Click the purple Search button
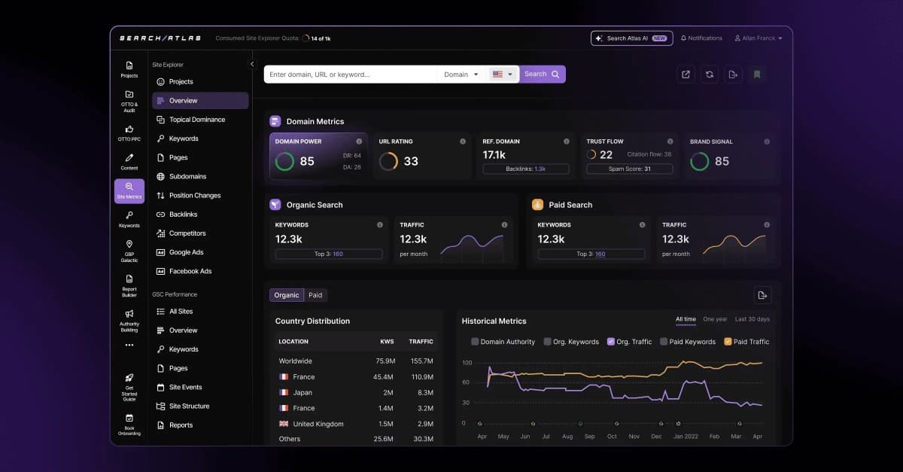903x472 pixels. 542,75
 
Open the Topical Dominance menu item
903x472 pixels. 196,120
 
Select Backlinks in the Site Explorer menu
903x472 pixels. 183,215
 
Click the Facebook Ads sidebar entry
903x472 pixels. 190,271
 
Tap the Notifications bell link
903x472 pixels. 701,38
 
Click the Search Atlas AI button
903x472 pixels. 630,38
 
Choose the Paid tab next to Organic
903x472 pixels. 315,295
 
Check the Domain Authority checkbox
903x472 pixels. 475,342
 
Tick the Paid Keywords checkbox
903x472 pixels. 664,342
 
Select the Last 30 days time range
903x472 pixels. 752,319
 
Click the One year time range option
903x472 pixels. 715,319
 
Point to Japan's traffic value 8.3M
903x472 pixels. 424,393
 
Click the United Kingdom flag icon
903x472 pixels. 284,424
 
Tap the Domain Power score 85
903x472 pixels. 307,161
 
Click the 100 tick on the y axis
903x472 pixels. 467,363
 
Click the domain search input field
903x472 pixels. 350,75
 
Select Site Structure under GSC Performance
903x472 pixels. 189,407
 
